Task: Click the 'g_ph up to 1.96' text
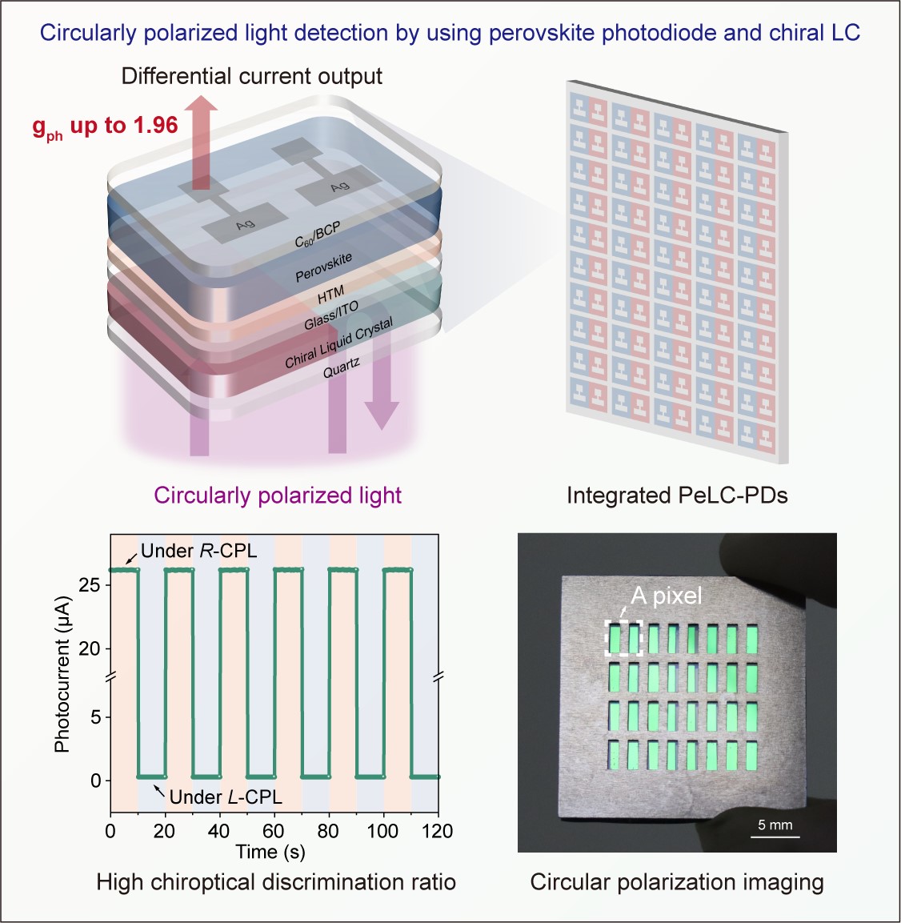click(105, 126)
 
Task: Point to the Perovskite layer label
click(323, 267)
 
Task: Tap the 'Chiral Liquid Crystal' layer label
click(338, 343)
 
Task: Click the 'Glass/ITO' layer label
click(330, 315)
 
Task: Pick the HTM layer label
click(330, 295)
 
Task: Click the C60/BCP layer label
click(318, 235)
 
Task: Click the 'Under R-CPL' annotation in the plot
click(198, 551)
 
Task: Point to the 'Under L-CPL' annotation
click(226, 797)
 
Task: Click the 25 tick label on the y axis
click(90, 585)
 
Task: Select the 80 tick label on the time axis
click(328, 831)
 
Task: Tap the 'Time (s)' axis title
click(270, 852)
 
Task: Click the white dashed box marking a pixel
click(623, 638)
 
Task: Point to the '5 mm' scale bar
click(775, 830)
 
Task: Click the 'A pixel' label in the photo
click(666, 596)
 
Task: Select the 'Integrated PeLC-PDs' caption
click(677, 496)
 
